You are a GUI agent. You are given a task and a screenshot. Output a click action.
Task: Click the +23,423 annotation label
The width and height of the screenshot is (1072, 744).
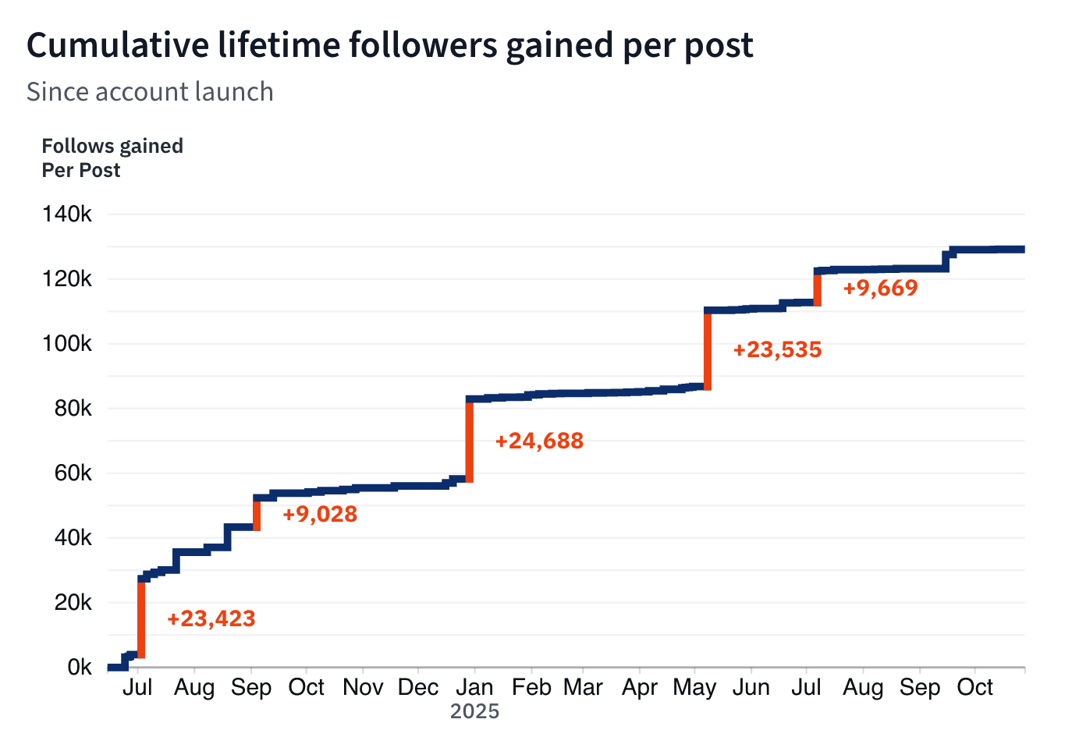(211, 619)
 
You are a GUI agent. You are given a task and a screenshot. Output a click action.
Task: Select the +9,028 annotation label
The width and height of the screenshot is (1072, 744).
(320, 515)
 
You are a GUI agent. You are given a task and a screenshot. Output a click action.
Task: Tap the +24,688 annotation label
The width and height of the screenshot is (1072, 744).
(539, 441)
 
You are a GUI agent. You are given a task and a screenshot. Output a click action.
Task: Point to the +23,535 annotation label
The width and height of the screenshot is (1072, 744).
(777, 349)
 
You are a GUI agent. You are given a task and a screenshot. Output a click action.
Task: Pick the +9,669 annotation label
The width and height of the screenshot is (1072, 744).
(880, 289)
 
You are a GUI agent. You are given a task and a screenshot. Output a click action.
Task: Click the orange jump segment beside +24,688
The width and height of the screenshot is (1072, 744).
(470, 441)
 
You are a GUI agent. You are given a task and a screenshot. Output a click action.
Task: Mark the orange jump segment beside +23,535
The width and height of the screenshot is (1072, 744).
(708, 349)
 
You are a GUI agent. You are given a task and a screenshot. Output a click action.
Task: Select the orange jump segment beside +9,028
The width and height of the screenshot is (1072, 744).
(257, 515)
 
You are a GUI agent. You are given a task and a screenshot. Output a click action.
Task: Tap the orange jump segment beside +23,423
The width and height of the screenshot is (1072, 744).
(141, 618)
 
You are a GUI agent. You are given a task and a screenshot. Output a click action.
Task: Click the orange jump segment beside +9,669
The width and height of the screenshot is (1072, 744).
(817, 289)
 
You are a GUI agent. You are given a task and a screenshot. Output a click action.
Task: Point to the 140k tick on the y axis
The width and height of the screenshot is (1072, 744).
(67, 214)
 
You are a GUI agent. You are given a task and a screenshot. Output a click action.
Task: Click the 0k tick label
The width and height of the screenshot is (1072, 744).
(79, 668)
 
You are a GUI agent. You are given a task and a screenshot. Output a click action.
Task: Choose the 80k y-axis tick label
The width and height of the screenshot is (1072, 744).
(73, 409)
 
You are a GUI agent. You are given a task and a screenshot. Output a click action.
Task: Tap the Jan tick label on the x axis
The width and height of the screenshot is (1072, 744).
(474, 688)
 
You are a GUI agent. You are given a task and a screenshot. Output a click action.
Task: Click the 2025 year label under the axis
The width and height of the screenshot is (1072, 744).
(474, 711)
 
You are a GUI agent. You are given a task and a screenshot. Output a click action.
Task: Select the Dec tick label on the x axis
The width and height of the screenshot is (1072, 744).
(418, 688)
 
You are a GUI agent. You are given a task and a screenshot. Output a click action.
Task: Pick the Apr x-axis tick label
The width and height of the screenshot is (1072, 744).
(640, 688)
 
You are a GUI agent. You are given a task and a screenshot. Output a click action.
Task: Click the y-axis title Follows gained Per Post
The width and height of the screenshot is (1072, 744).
(112, 158)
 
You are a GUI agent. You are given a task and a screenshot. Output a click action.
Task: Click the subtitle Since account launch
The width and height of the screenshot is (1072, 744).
(150, 92)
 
